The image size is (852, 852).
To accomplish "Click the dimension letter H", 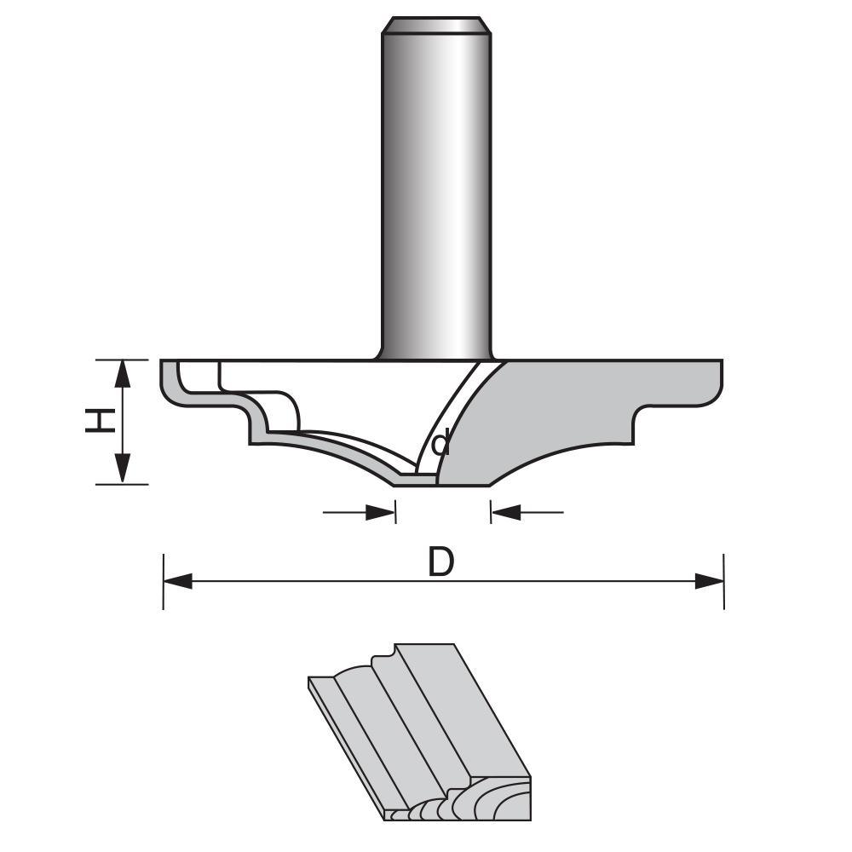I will pos(101,421).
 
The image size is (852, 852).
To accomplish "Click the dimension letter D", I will pos(440,562).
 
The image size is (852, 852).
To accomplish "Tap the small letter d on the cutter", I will pos(440,444).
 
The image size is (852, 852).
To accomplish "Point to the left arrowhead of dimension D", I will pos(177,581).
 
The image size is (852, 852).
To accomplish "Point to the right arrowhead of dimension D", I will pos(709,581).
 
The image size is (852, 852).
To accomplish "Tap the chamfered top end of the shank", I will pos(436,26).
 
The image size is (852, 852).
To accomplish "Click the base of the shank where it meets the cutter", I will pos(436,354).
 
